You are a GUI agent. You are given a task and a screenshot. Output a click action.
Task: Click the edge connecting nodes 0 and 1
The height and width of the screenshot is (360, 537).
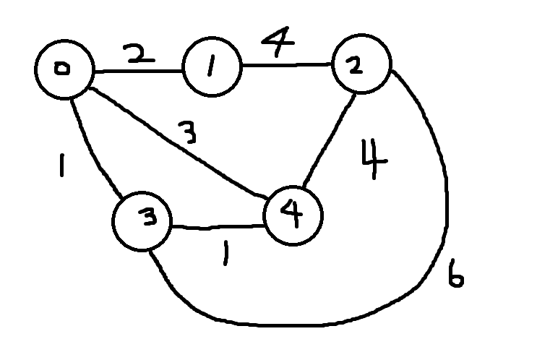tap(137, 72)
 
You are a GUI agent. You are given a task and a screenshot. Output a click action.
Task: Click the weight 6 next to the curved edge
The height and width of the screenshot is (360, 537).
tap(455, 276)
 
